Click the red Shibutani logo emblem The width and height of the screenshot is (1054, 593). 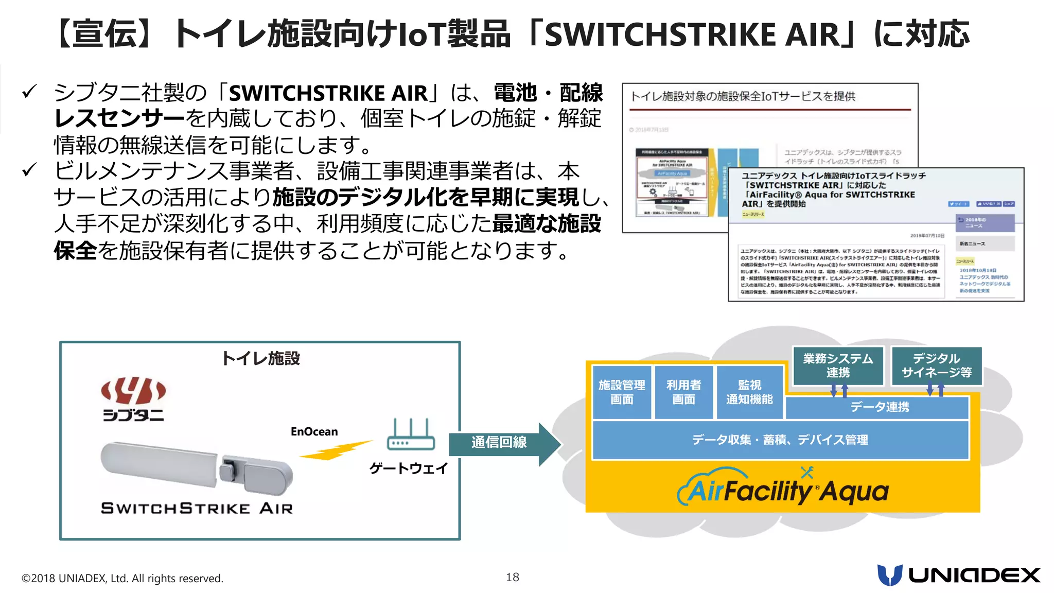click(133, 391)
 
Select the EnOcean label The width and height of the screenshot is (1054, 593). click(314, 431)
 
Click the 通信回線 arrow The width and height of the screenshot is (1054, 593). click(502, 442)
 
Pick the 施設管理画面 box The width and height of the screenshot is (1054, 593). click(622, 392)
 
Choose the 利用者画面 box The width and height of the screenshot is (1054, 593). click(683, 392)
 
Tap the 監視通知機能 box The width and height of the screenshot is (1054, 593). click(749, 392)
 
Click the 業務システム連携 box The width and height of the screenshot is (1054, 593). click(838, 365)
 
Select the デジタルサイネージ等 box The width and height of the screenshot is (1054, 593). click(937, 365)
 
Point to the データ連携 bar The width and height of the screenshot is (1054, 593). click(879, 407)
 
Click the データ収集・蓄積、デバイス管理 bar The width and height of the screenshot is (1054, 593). click(780, 440)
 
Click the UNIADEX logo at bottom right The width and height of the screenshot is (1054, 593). click(958, 575)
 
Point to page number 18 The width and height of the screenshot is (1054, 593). click(512, 577)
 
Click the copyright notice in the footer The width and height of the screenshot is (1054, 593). click(122, 578)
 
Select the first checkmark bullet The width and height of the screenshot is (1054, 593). click(29, 92)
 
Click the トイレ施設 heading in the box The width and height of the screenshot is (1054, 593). click(260, 358)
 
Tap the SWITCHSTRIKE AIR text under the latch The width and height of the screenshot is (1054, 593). click(197, 509)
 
